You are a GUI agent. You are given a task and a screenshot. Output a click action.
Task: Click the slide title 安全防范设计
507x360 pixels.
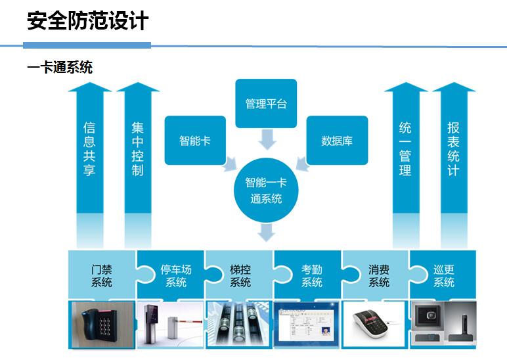click(x=87, y=21)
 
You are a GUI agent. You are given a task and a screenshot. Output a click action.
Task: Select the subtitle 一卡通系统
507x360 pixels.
click(x=60, y=67)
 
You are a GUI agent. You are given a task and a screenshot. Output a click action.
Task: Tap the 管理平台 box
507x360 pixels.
click(x=266, y=104)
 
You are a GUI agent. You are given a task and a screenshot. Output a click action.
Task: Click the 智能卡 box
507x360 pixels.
click(x=195, y=141)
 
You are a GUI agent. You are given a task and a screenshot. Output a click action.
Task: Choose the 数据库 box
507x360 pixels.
click(x=337, y=141)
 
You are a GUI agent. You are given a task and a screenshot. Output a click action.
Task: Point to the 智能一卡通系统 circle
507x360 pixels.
click(x=266, y=191)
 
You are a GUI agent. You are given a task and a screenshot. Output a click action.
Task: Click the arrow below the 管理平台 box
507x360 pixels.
click(x=267, y=139)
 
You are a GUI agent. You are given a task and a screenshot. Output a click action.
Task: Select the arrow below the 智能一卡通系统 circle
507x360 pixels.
click(x=267, y=233)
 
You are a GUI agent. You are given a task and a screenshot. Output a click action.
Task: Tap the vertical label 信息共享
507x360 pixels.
click(x=89, y=149)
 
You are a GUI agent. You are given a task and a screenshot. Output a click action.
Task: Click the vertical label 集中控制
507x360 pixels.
click(x=138, y=149)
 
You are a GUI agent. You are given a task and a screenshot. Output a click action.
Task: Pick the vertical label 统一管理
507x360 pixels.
click(x=405, y=149)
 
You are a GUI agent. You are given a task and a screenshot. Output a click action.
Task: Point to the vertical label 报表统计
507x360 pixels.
click(x=453, y=149)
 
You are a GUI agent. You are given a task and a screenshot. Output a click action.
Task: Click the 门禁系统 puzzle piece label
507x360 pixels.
click(x=102, y=276)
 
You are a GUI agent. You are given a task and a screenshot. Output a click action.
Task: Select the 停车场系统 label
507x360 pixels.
click(x=176, y=276)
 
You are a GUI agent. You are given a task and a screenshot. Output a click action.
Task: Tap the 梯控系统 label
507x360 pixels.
click(x=240, y=276)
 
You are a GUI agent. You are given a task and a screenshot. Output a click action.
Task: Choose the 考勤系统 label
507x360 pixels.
click(x=312, y=276)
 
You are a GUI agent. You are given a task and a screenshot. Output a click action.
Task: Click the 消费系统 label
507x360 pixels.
click(x=379, y=276)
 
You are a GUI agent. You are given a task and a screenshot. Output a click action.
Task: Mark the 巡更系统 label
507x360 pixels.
click(x=444, y=276)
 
